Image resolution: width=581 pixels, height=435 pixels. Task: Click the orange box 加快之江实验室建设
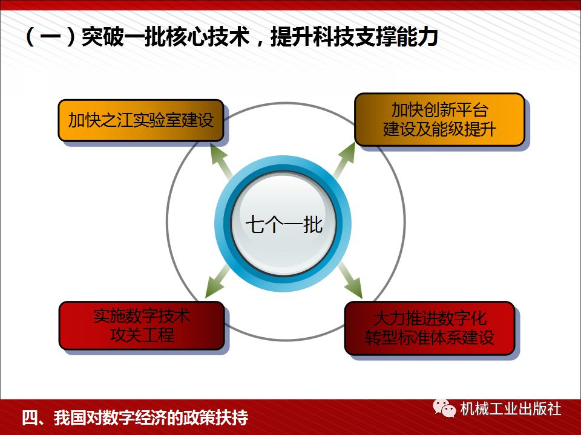tap(140, 120)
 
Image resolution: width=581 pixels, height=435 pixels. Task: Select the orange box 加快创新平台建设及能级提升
tap(439, 120)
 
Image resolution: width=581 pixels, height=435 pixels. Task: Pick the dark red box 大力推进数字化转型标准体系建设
tap(429, 328)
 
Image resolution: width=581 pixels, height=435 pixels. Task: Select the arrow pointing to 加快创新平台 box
tap(345, 159)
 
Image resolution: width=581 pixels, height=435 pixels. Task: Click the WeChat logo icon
tap(445, 409)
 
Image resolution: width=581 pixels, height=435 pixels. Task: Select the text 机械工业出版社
tap(511, 409)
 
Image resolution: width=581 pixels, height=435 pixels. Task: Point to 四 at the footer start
tap(29, 417)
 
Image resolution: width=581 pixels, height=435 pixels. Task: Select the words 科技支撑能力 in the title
tap(375, 37)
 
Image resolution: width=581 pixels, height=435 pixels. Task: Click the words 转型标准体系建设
tap(429, 338)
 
